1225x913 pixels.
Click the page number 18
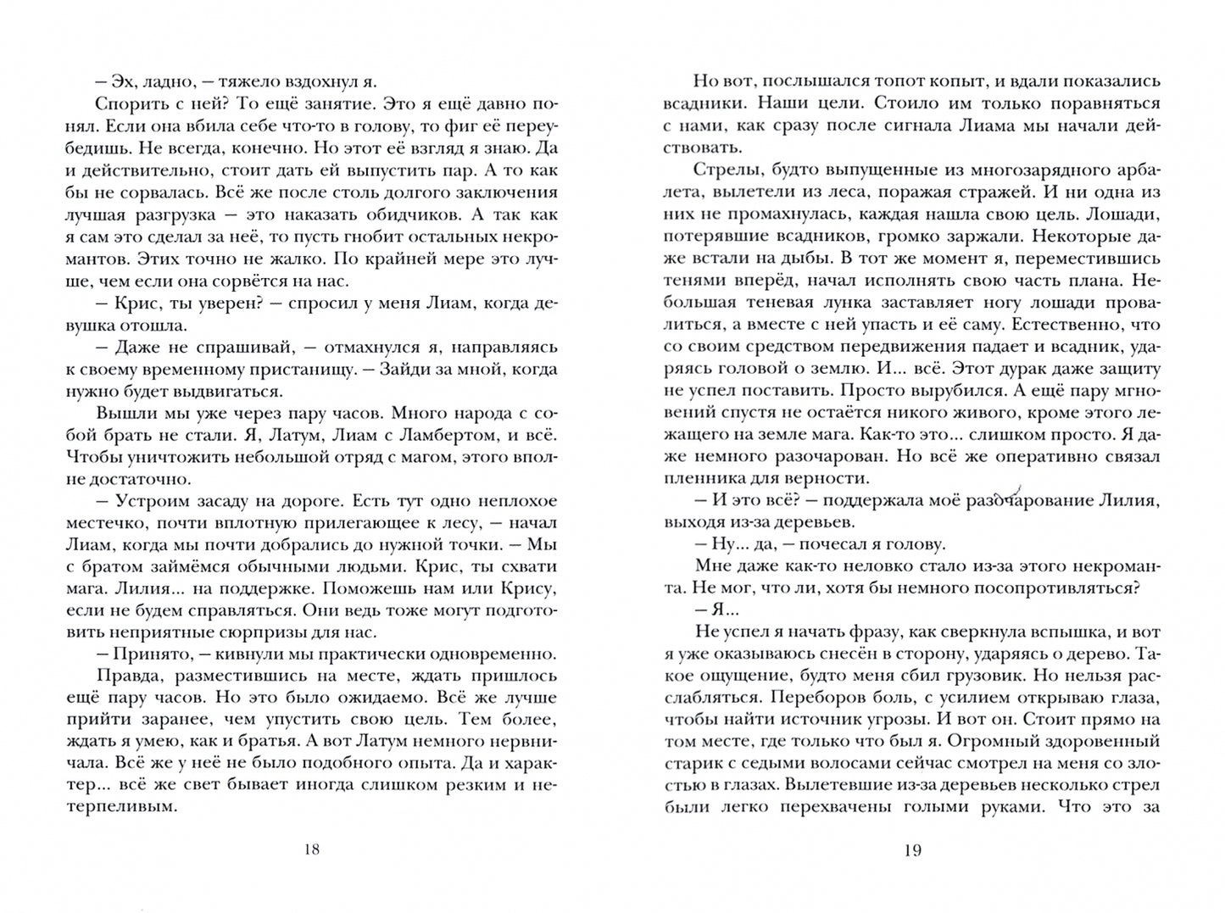tap(311, 850)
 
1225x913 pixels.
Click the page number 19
tap(912, 850)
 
